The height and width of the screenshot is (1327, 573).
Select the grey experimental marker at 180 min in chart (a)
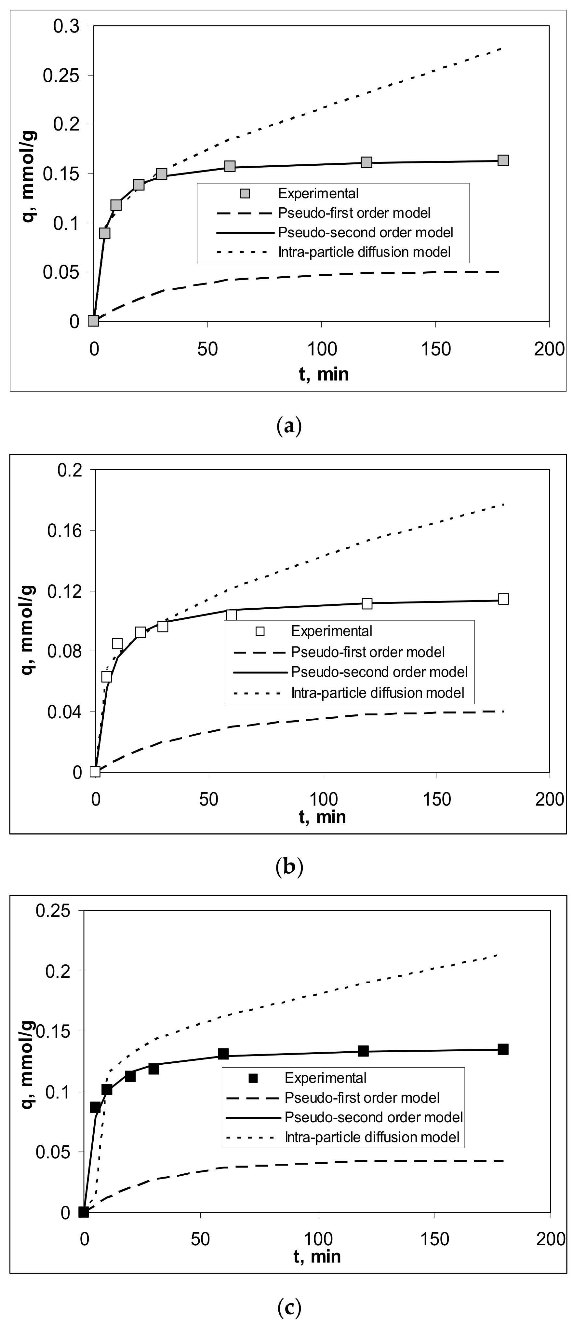(503, 160)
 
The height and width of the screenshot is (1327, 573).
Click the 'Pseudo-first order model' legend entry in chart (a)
(354, 213)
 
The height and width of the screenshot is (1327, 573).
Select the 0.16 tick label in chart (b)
(64, 530)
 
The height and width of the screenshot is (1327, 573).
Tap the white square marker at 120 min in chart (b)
(367, 603)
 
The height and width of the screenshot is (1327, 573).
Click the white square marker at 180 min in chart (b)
(503, 599)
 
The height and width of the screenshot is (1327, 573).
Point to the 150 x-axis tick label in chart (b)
(436, 799)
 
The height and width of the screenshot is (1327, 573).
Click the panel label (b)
(289, 867)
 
